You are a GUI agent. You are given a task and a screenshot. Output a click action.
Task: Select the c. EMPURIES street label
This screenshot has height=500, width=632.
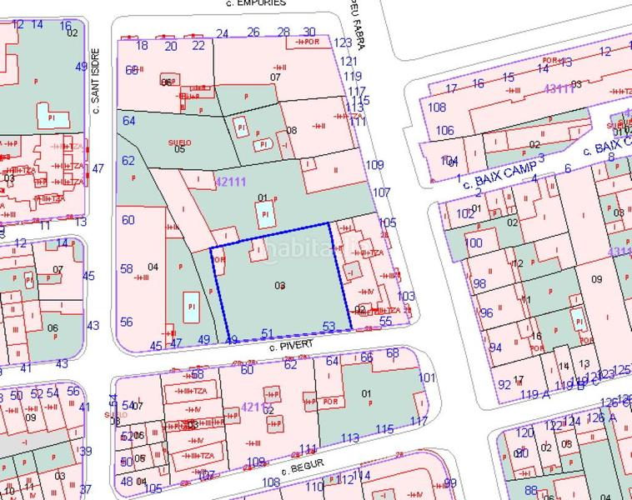256,3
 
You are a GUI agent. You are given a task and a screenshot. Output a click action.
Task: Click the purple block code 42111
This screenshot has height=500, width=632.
230,181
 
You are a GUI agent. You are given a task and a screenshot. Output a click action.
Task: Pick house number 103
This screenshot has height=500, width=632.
406,297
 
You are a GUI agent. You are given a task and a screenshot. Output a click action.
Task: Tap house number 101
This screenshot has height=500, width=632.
427,377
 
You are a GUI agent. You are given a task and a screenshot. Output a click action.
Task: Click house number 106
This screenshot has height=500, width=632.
444,130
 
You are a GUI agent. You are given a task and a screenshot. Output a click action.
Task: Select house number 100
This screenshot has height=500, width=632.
474,242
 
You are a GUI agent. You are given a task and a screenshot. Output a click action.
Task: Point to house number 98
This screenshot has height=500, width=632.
479,283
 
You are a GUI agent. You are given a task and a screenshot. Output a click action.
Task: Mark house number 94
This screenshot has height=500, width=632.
495,347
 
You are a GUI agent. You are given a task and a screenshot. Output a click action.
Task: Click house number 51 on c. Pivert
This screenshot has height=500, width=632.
268,333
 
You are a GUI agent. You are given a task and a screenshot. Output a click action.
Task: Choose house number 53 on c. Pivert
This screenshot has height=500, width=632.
329,327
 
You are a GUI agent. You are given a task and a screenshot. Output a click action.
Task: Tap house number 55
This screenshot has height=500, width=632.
385,321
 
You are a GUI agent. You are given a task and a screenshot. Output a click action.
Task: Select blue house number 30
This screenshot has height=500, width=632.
309,32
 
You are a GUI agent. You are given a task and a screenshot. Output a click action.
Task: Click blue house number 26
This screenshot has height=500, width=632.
253,32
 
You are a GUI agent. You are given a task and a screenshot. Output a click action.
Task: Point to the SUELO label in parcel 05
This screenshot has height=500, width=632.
179,142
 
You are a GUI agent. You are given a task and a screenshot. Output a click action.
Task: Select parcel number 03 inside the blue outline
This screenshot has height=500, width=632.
280,285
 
